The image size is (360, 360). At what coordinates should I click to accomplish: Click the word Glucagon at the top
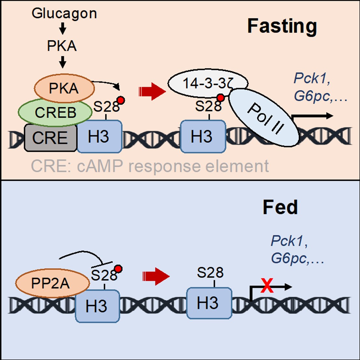coord(64,14)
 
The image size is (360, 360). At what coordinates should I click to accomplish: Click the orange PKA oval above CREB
coord(64,88)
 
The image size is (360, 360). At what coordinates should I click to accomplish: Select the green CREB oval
coord(55,112)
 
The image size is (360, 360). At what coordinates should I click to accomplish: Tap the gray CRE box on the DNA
coord(50,138)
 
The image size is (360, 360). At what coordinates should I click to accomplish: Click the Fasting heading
coord(282,26)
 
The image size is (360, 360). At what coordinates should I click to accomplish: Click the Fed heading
coord(280,207)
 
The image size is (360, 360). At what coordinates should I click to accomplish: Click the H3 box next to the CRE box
coord(99,137)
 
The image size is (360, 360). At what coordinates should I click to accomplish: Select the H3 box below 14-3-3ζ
coord(202,137)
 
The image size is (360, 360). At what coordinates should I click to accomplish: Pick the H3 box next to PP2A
coord(97,306)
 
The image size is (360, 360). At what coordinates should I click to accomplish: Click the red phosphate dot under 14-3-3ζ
coord(221,98)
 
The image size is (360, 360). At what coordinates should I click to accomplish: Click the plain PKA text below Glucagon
coord(62,46)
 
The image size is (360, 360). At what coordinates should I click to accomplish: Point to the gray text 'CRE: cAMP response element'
coord(150,166)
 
